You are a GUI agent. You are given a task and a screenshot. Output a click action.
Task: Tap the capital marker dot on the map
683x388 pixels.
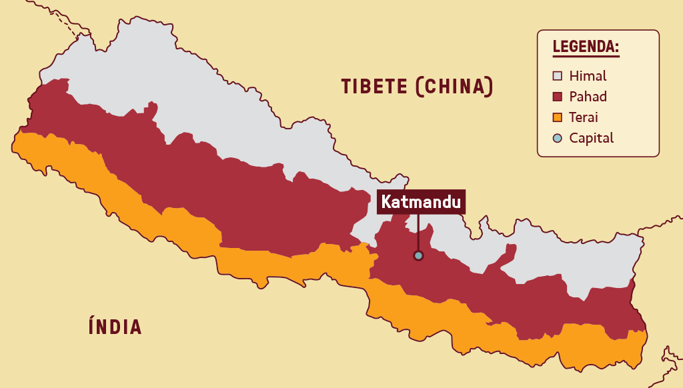(x=418, y=255)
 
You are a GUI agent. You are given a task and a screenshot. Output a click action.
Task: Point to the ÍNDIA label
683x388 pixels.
(x=115, y=327)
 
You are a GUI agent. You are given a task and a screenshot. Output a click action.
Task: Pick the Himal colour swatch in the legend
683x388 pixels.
(x=558, y=76)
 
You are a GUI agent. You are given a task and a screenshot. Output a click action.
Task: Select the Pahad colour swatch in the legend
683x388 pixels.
(x=558, y=97)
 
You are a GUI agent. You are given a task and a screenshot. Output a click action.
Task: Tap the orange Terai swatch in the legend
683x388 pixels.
(x=558, y=117)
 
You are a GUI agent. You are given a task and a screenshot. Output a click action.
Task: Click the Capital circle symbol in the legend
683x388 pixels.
(x=558, y=138)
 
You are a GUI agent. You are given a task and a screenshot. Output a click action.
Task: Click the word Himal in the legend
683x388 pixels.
(x=588, y=76)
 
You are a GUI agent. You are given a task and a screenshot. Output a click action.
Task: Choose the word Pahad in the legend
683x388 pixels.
(x=588, y=97)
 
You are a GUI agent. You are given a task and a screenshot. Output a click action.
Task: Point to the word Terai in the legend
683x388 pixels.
(x=584, y=117)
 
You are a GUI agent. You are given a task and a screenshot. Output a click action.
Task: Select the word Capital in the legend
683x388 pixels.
(x=591, y=138)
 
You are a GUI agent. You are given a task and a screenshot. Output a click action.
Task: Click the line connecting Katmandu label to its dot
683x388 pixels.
(x=418, y=232)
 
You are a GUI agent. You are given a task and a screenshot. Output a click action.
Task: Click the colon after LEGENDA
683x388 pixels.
(x=617, y=48)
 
